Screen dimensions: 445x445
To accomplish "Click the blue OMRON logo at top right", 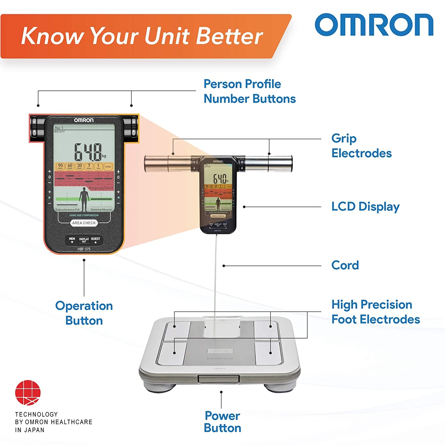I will [374, 25].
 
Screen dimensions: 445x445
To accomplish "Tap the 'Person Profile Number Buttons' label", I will [249, 91].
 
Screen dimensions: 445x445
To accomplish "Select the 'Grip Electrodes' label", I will [361, 146].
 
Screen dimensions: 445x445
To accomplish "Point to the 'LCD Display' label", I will [365, 207].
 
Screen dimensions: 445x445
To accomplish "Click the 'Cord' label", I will [345, 265].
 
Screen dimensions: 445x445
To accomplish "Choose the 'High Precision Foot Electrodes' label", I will [375, 312].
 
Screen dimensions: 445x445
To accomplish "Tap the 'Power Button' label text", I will [222, 422].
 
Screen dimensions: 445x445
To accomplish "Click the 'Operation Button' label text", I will [84, 313].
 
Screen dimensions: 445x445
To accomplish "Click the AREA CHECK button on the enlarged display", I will [84, 223].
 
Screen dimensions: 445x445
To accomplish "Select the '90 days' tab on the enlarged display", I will [60, 166].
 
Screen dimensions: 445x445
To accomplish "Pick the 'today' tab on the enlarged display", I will [108, 166].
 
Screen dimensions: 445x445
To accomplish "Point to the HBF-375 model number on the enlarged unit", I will [84, 249].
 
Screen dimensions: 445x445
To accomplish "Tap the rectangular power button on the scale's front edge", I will [219, 379].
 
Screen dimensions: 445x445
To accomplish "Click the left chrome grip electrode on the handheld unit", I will [168, 163].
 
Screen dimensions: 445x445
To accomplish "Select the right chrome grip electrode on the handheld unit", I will [269, 163].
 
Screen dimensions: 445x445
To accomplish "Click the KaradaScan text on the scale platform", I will [220, 358].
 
